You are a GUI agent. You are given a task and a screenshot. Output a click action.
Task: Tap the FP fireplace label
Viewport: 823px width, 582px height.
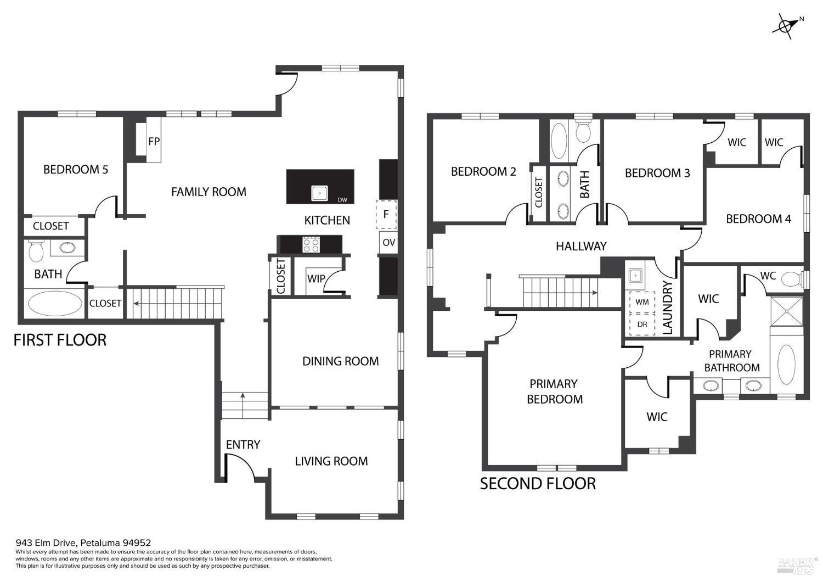[x=154, y=141]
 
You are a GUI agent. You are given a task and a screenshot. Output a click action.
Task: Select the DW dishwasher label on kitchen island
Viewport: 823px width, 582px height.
[x=342, y=200]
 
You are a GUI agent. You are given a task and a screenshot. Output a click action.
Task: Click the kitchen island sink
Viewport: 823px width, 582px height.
[x=320, y=193]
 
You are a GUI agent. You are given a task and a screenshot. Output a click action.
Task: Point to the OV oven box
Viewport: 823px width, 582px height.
[x=388, y=243]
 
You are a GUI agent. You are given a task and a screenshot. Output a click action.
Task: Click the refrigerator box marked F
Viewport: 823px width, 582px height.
[x=386, y=215]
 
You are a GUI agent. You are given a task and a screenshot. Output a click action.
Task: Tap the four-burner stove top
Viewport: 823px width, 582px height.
[x=311, y=244]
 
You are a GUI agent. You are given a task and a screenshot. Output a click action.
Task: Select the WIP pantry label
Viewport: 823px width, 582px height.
[x=316, y=278]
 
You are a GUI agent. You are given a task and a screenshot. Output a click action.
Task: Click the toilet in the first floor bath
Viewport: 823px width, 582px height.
[x=36, y=251]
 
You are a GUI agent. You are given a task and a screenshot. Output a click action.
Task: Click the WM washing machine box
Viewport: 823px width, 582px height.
[x=642, y=302]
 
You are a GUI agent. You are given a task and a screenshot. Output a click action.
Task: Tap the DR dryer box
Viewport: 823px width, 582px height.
[x=642, y=324]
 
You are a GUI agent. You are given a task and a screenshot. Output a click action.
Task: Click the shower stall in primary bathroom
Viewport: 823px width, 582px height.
[x=786, y=311]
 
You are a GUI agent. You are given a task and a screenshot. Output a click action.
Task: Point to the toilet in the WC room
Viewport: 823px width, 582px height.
[x=791, y=279]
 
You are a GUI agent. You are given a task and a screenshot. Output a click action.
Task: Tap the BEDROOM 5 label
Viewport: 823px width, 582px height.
[x=76, y=169]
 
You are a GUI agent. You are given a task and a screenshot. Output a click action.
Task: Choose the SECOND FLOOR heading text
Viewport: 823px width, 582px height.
[x=538, y=484]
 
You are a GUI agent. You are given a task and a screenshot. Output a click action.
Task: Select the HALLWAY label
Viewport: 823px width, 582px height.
[x=581, y=246]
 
